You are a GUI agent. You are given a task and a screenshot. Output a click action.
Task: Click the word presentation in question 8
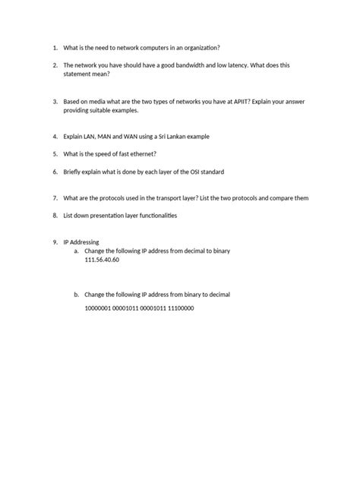(114, 216)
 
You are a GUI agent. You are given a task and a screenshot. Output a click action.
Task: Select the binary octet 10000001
(99, 309)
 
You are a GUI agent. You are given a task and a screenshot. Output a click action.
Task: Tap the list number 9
(55, 242)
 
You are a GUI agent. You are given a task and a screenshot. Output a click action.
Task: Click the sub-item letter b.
(76, 294)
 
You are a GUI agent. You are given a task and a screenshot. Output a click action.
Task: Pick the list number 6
(55, 172)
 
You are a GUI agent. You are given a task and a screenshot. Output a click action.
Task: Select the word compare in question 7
(283, 197)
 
